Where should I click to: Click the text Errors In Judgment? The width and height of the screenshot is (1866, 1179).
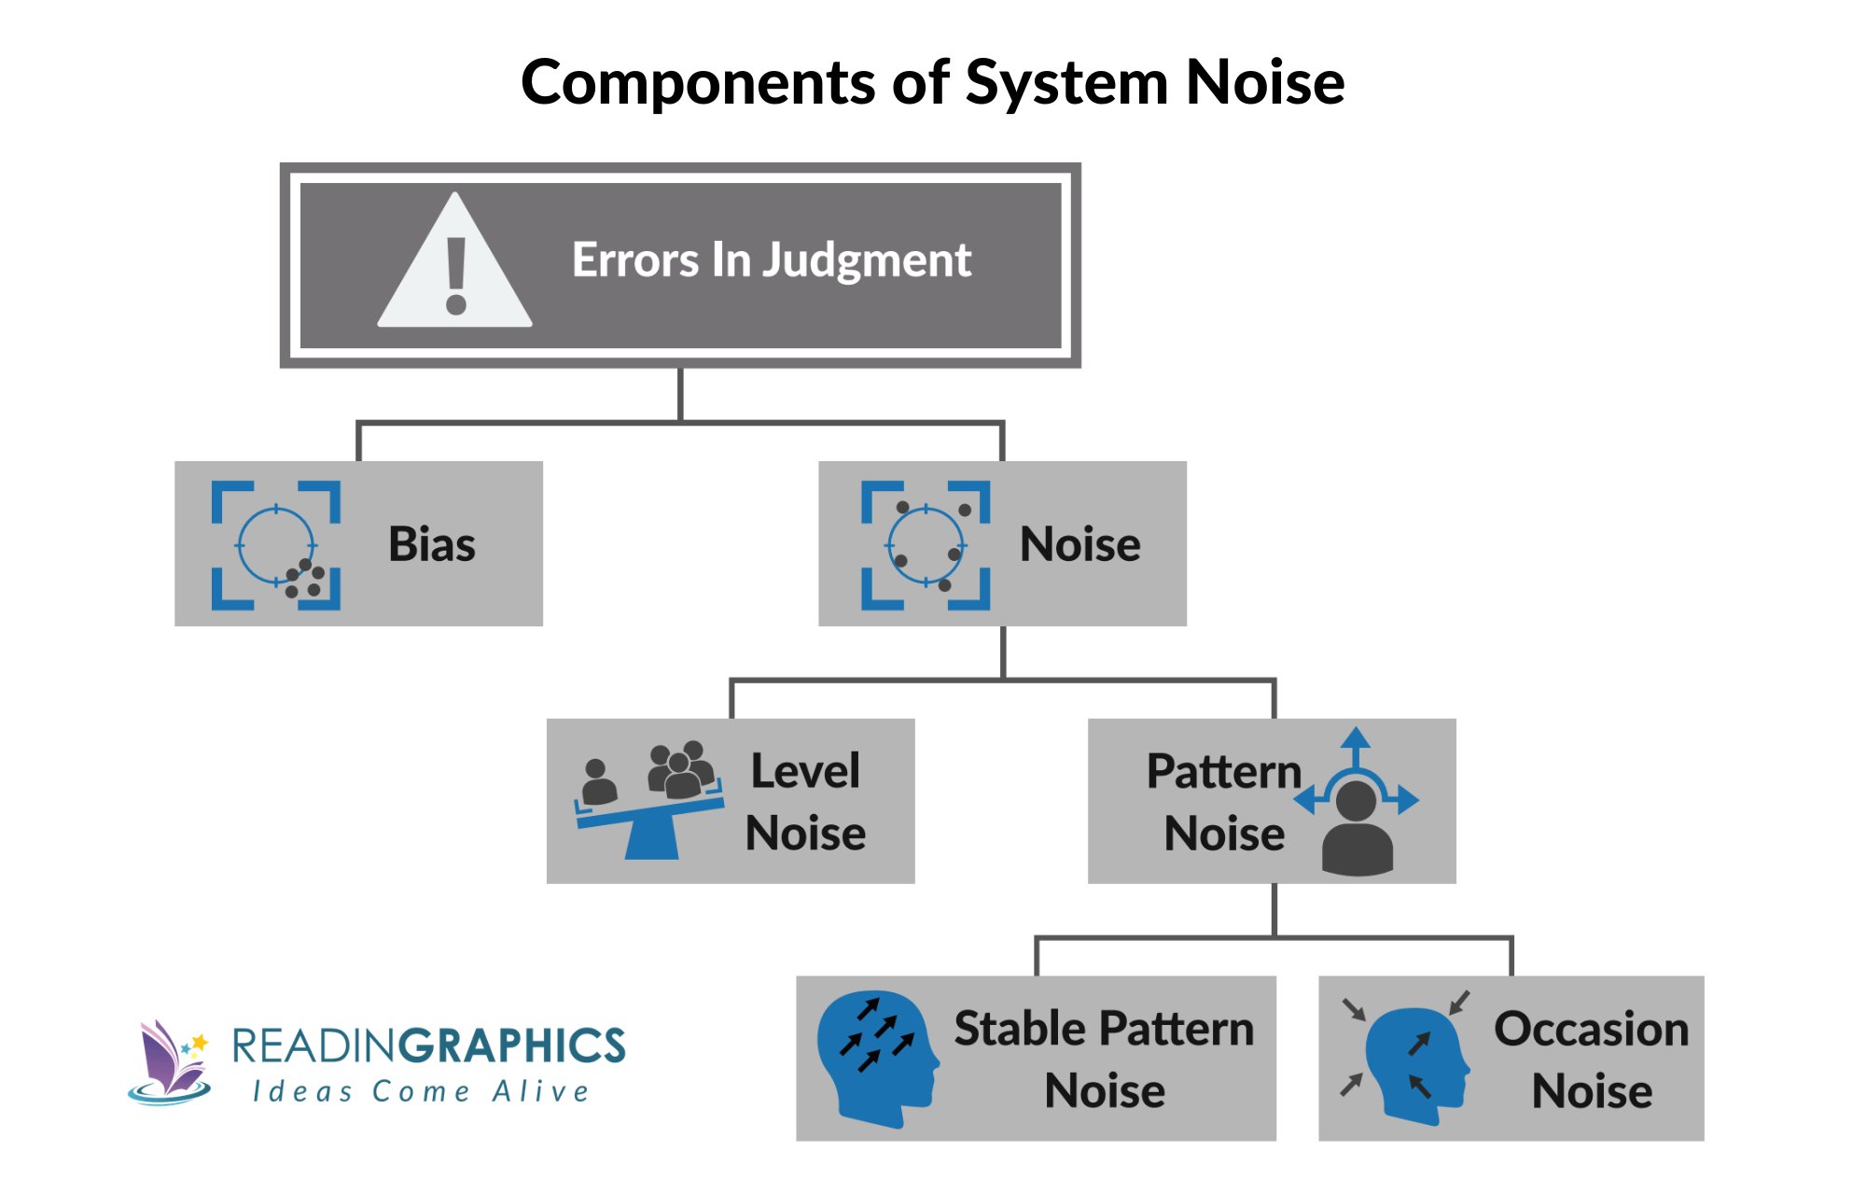tap(771, 260)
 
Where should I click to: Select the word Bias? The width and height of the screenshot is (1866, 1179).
tap(431, 545)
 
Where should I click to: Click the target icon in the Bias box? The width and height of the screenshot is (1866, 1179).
tap(276, 545)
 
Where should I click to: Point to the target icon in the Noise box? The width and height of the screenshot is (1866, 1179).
tap(925, 545)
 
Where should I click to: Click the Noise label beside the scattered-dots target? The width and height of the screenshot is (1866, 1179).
tap(1079, 545)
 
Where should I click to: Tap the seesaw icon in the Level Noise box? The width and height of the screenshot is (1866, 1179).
tap(650, 821)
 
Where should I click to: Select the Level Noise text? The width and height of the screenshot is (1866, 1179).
tap(805, 802)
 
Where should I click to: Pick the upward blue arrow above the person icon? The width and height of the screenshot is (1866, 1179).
tap(1356, 746)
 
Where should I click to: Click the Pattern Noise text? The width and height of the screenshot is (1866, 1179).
tap(1223, 802)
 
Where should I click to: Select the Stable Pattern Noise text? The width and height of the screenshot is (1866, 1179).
tap(1104, 1060)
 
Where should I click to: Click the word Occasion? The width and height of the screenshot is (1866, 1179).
tap(1591, 1030)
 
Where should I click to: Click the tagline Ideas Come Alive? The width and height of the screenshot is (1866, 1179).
tap(421, 1092)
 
